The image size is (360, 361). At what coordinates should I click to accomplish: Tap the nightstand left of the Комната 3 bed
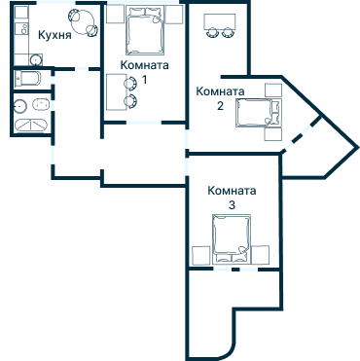pos(201,255)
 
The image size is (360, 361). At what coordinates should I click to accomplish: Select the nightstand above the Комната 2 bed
pos(273,90)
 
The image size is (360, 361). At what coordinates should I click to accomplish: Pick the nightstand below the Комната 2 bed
pos(273,134)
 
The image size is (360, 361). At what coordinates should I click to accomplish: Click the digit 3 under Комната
pos(232,205)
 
